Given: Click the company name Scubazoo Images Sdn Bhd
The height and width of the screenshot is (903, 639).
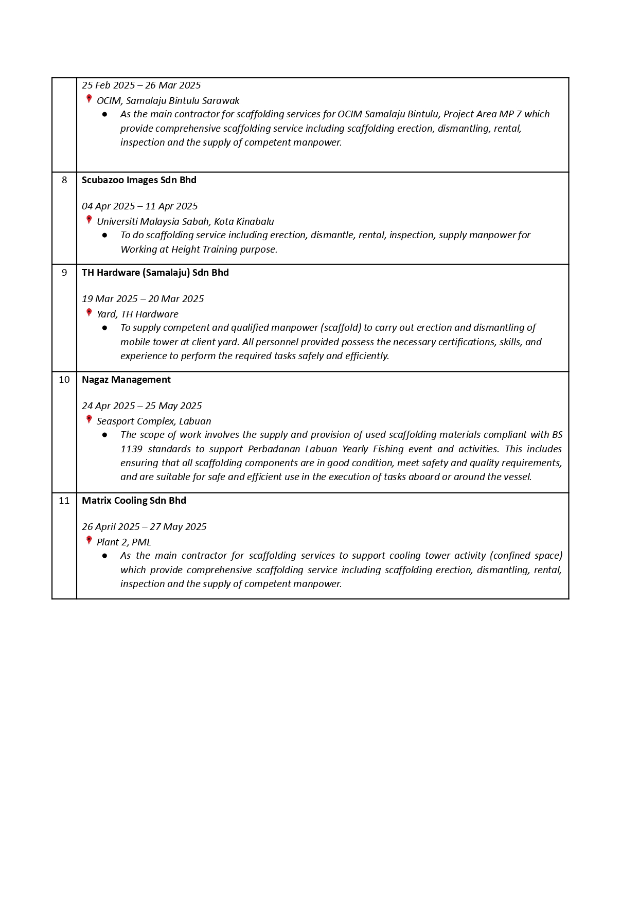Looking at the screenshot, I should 139,180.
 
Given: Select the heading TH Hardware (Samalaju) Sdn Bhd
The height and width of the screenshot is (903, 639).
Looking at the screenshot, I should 155,273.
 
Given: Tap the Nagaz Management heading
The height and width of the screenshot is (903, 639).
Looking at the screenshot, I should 126,380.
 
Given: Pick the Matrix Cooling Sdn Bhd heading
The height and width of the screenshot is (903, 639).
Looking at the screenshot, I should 134,501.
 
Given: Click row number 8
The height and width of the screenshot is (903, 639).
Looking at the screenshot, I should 64,180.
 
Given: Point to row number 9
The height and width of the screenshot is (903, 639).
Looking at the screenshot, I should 64,273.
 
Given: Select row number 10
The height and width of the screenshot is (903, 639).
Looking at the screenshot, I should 64,380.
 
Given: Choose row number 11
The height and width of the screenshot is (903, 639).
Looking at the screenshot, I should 64,501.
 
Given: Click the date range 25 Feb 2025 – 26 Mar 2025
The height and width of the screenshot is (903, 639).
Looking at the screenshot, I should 141,85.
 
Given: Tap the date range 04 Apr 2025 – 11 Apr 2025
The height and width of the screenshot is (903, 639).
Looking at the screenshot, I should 139,206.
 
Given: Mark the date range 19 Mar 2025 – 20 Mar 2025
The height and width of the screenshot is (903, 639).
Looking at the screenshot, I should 143,299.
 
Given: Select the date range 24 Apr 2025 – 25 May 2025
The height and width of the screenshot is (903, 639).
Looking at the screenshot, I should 141,406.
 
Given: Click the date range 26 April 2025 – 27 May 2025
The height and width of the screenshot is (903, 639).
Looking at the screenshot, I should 144,527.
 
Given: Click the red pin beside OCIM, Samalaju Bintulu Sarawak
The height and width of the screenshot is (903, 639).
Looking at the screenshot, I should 89,99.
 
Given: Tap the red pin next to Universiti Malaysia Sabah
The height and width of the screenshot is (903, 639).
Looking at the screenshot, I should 89,220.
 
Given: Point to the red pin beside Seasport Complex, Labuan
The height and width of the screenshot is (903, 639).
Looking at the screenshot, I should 89,419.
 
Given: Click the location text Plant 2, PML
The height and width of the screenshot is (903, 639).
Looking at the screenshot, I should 123,542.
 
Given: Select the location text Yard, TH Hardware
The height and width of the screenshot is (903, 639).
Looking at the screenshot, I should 137,314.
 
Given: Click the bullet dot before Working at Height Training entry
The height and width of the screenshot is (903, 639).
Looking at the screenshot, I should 105,235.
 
